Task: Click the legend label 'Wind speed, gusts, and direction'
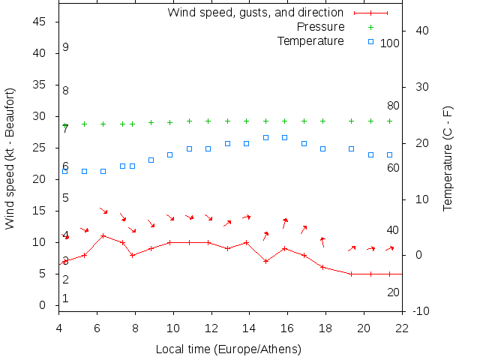click(255, 13)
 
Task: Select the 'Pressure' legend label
click(321, 27)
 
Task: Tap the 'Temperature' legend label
click(310, 41)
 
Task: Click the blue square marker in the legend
click(370, 41)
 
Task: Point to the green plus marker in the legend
click(370, 27)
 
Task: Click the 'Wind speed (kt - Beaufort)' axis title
click(10, 158)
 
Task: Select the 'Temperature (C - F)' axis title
click(448, 158)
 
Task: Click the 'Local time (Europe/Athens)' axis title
click(228, 349)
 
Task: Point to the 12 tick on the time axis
click(211, 327)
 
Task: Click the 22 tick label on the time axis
click(402, 327)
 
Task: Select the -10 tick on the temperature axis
click(421, 311)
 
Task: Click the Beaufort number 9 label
click(66, 47)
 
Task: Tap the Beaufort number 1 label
click(66, 298)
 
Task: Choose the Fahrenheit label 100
click(390, 43)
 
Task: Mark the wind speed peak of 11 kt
click(103, 235)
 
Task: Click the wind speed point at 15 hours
click(265, 261)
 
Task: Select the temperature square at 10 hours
click(170, 154)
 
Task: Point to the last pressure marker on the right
click(389, 121)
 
